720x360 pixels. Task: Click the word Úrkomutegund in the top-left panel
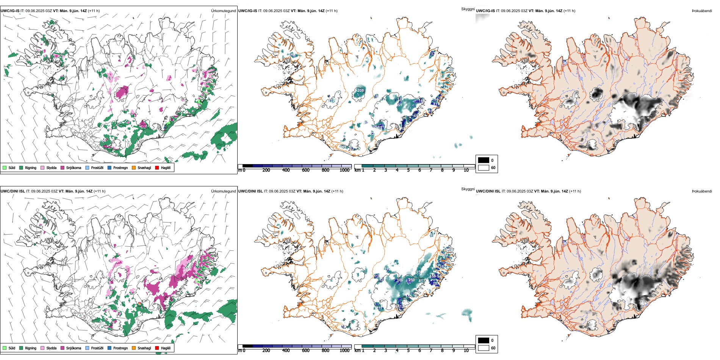(223, 11)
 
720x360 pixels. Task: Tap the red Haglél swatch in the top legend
(157, 167)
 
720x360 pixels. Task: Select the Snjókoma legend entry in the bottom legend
(74, 348)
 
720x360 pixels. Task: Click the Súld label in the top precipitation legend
(12, 167)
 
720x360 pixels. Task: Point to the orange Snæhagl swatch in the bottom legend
(134, 348)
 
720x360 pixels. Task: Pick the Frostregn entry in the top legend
(121, 167)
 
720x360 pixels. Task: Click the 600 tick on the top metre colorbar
(305, 170)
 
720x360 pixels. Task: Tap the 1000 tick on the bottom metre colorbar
(344, 351)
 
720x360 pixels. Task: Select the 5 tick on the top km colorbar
(408, 170)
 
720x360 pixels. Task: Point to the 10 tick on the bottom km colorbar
(466, 351)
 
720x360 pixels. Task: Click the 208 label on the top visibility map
(360, 90)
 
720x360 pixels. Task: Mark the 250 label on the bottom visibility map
(412, 280)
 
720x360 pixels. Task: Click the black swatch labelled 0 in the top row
(484, 160)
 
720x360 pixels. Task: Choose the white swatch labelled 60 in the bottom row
(484, 348)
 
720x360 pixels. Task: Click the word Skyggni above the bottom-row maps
(468, 189)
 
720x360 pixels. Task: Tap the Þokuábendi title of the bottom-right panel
(702, 191)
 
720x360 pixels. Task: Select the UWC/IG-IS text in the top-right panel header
(485, 11)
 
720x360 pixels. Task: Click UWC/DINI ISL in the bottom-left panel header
(13, 191)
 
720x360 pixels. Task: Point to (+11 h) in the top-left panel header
(94, 11)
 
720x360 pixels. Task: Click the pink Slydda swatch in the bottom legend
(42, 348)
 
